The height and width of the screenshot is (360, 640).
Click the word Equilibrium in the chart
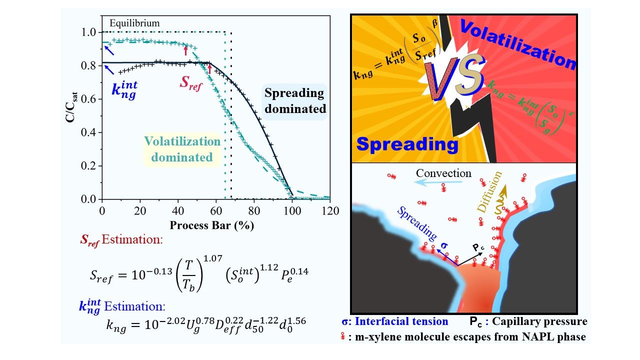click(135, 23)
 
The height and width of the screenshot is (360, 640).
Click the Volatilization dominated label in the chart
click(182, 149)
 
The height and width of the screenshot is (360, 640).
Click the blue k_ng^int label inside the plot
click(124, 91)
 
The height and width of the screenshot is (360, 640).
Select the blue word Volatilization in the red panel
click(517, 43)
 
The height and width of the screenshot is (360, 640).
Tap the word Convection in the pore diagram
click(444, 173)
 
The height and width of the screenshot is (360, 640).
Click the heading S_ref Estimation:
click(121, 239)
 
